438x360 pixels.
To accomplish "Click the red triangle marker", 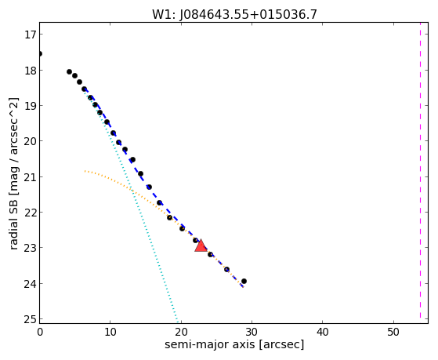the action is (201, 245).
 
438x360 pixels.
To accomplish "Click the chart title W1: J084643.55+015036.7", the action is (234, 15).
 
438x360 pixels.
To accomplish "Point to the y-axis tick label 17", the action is (31, 35).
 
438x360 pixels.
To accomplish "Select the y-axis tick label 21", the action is (31, 176).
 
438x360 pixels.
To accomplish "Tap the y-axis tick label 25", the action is (31, 319).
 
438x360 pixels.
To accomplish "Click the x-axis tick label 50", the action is (393, 332).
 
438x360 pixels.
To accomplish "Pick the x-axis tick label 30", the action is (252, 332).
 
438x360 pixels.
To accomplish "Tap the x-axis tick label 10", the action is (110, 332).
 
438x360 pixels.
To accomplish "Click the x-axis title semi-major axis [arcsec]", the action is (234, 344).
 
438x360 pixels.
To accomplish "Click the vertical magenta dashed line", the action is (420, 170).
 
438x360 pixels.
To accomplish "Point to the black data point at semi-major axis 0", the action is (40, 53).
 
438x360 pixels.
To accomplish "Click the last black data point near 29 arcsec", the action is (244, 281).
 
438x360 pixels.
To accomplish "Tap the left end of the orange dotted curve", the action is (85, 171).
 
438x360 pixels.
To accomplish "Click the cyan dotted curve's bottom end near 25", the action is (177, 319).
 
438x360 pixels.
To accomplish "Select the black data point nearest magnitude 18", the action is (69, 71).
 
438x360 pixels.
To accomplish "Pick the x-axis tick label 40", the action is (322, 332).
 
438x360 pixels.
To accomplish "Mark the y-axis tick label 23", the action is (31, 248).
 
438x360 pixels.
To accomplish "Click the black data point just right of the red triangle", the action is (210, 255).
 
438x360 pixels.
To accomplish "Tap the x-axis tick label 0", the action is (40, 332).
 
